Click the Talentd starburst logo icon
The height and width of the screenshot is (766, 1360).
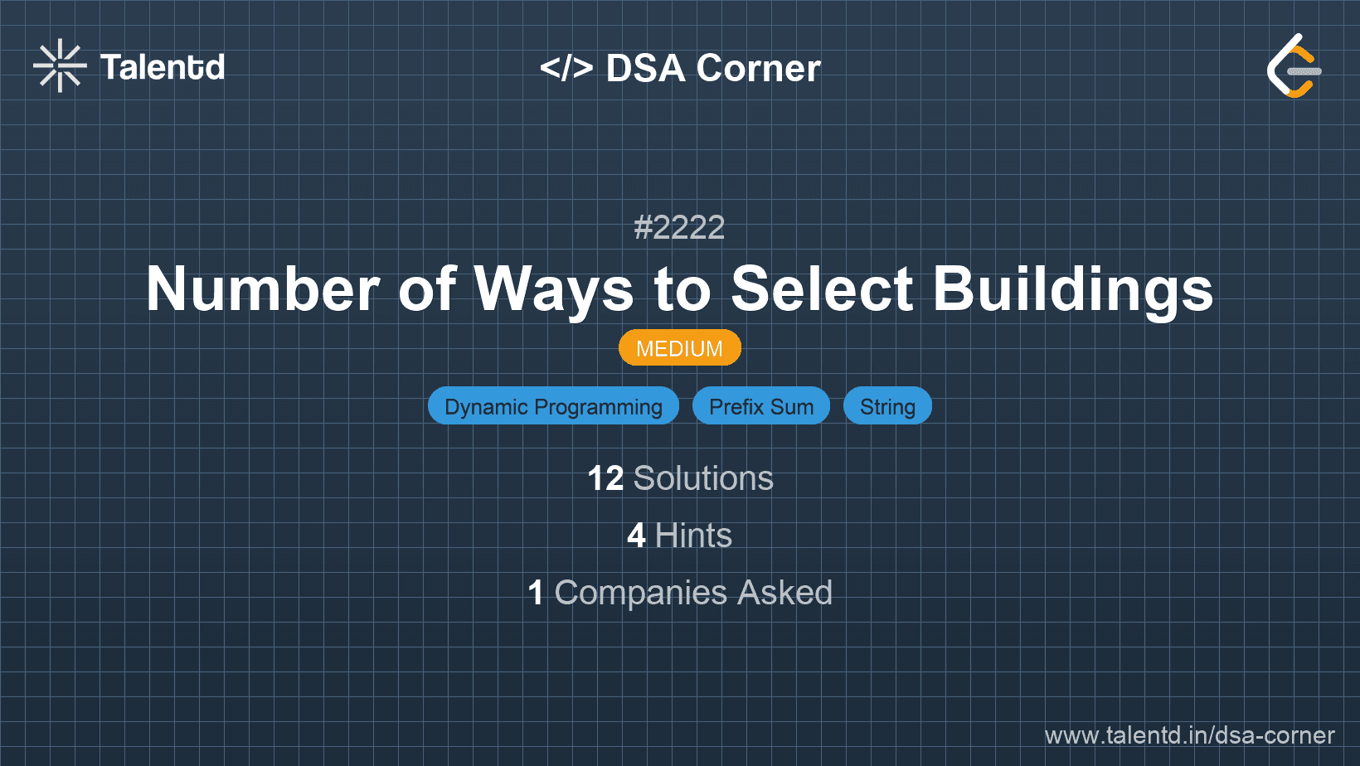[60, 65]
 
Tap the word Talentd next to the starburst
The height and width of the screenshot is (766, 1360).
[162, 67]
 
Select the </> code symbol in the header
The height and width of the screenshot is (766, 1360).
[566, 67]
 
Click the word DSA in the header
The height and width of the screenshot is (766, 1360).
[645, 67]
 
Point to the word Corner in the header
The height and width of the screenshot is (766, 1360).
[758, 67]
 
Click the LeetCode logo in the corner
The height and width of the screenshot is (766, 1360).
[1294, 65]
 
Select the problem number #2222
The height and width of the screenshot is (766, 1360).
[679, 228]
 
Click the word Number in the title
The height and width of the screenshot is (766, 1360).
[263, 289]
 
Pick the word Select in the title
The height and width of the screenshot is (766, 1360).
[822, 289]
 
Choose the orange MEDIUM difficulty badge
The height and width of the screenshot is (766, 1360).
[679, 348]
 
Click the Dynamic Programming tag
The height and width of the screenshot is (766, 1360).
[553, 405]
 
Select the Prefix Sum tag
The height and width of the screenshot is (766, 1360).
[760, 405]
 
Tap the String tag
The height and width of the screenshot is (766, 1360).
[887, 405]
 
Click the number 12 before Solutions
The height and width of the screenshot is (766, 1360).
[605, 478]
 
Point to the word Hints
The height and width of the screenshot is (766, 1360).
[693, 536]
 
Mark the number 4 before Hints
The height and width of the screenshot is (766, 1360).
[636, 536]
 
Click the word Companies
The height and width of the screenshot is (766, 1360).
[640, 593]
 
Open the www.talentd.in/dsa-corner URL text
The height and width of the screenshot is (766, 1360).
[1189, 735]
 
